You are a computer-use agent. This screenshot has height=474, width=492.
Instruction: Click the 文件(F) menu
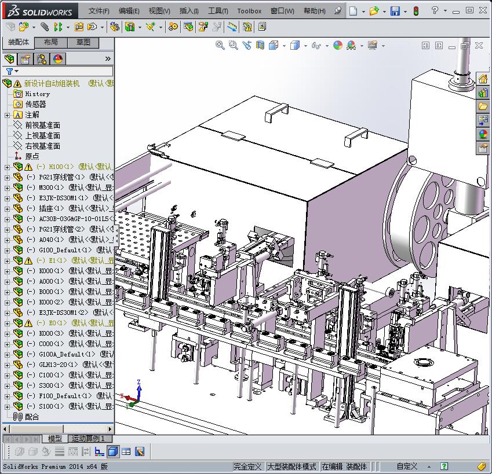(99, 11)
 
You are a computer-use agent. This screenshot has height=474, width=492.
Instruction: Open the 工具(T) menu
(218, 11)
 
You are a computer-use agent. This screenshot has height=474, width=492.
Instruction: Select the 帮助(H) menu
(314, 11)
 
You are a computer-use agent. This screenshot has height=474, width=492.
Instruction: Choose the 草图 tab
(83, 43)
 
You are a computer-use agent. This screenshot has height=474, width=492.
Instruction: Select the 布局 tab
(51, 43)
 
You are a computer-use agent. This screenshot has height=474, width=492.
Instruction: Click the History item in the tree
(37, 94)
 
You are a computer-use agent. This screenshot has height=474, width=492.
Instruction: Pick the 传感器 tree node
(35, 104)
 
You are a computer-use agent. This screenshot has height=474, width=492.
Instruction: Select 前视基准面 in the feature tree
(42, 125)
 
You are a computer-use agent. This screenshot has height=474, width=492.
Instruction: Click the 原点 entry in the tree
(32, 156)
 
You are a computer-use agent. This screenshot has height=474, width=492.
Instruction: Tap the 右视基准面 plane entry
(42, 146)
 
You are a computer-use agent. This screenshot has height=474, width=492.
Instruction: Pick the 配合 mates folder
(32, 417)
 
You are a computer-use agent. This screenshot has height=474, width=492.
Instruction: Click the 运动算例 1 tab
(88, 439)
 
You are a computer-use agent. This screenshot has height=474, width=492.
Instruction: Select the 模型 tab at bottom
(55, 439)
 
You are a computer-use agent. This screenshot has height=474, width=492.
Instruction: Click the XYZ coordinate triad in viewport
(133, 394)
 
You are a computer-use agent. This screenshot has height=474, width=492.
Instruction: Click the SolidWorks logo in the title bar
(39, 10)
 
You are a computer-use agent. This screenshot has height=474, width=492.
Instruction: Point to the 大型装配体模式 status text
(291, 466)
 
